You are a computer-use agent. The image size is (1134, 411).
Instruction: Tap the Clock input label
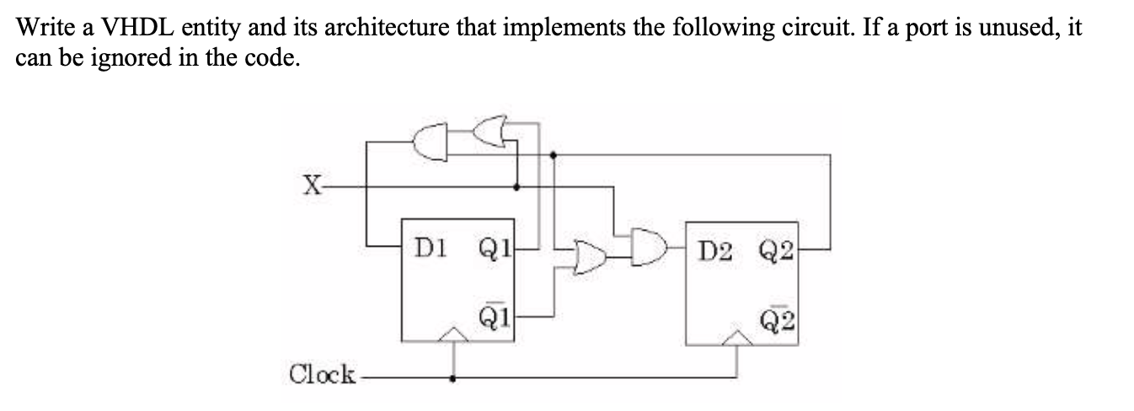pos(322,374)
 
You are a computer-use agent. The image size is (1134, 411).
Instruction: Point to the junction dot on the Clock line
pos(455,378)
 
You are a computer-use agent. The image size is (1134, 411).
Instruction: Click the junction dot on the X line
pos(517,186)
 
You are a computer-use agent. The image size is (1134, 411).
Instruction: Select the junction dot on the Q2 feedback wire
pos(552,155)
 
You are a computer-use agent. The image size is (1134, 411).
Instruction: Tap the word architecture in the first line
pos(380,28)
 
